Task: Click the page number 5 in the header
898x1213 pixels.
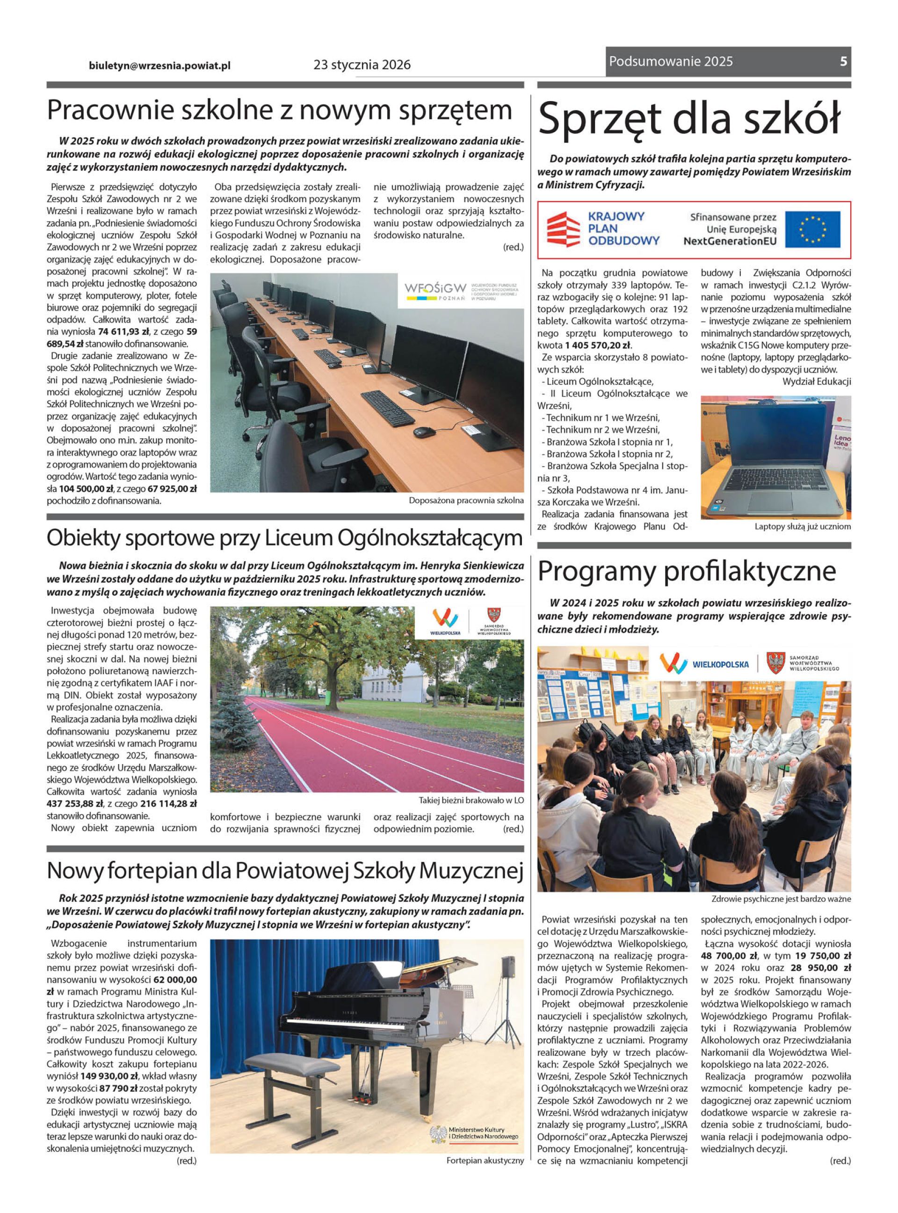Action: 843,62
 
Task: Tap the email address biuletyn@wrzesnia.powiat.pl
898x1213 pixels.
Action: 160,65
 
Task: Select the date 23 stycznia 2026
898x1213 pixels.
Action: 362,65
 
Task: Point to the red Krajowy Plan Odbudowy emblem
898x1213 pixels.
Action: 563,229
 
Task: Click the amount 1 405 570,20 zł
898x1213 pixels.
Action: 598,346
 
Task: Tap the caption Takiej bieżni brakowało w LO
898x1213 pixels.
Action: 471,800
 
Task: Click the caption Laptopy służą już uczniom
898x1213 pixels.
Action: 802,527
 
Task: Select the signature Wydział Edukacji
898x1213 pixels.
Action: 817,381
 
